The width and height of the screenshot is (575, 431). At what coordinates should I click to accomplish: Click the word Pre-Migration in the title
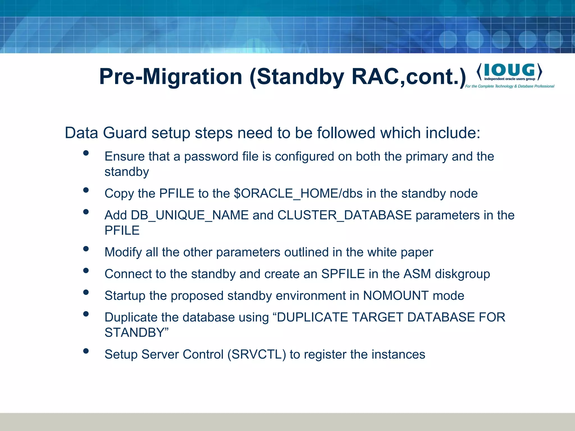[x=171, y=77]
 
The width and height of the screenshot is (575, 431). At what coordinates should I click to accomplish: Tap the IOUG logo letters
[x=509, y=70]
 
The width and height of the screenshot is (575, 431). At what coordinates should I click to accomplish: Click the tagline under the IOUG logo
[x=510, y=86]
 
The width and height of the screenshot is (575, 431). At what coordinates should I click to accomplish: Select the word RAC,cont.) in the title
[x=409, y=77]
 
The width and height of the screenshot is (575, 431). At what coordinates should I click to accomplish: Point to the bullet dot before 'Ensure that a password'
[x=86, y=153]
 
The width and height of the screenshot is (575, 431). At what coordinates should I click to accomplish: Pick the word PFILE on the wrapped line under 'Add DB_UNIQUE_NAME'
[x=122, y=230]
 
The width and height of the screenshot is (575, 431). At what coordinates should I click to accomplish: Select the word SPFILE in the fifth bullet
[x=343, y=274]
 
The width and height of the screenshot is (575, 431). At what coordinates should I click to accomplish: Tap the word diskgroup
[x=462, y=274]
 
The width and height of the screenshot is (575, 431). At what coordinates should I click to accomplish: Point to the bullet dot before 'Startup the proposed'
[x=86, y=292]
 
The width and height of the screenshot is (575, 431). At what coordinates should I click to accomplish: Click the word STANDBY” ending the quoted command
[x=136, y=333]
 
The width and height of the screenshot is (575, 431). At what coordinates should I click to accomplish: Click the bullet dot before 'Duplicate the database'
[x=86, y=314]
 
